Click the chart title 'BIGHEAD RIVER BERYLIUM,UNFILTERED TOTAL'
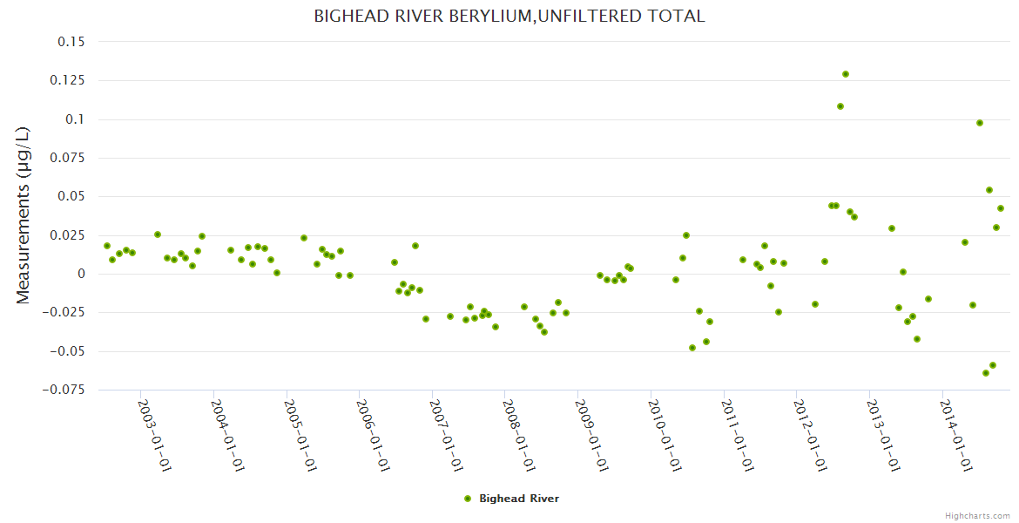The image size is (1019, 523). coord(509,17)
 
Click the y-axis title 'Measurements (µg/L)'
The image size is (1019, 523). coord(23,215)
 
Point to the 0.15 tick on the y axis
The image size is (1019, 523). coord(71,42)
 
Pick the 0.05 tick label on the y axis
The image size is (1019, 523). coord(71,196)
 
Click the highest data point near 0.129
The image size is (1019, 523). coord(846,74)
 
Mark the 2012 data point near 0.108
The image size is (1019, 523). coord(840,106)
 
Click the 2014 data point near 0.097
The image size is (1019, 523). coord(980,123)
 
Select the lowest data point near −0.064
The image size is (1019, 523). coord(986,373)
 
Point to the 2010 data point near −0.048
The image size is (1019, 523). coord(692,348)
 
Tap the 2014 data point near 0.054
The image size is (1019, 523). coord(989,190)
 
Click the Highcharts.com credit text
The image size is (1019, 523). coord(977,515)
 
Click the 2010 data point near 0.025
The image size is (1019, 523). coord(686,235)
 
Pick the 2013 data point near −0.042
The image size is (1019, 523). coord(917,339)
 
